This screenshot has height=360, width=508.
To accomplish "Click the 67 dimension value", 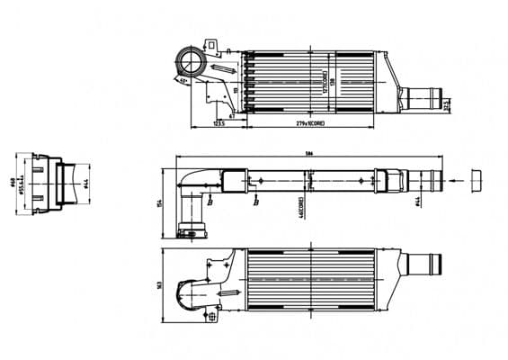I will pyautogui.click(x=232, y=114).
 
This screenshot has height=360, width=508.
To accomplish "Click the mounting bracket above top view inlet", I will pyautogui.click(x=213, y=46).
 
